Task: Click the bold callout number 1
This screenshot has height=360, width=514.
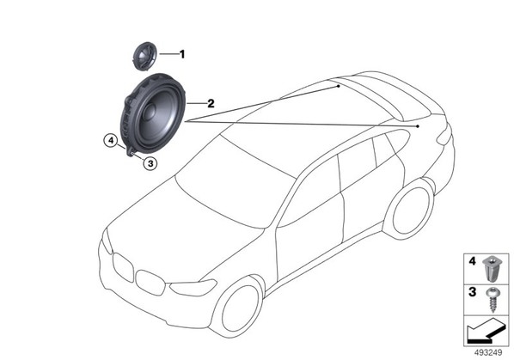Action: point(182,54)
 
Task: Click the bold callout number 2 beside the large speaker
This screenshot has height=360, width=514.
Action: point(211,103)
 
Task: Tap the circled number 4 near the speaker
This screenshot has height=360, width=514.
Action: point(112,141)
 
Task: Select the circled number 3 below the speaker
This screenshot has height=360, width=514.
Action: point(150,163)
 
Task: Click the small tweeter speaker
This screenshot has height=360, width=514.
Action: point(144,55)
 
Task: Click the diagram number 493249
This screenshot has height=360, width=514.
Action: point(488,353)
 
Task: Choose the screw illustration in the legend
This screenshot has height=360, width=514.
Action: point(493,299)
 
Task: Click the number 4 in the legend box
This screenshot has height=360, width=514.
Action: point(472,261)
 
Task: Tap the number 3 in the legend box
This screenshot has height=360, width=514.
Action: point(472,292)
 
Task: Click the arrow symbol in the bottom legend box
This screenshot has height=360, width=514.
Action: point(486,333)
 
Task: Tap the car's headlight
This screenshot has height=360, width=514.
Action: point(193,288)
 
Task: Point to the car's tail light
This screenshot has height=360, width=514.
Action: point(444,137)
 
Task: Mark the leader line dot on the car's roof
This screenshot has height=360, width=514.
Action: point(339,86)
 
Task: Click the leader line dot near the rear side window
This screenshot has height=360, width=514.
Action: point(418,126)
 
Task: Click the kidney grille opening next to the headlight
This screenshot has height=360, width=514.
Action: point(150,283)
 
